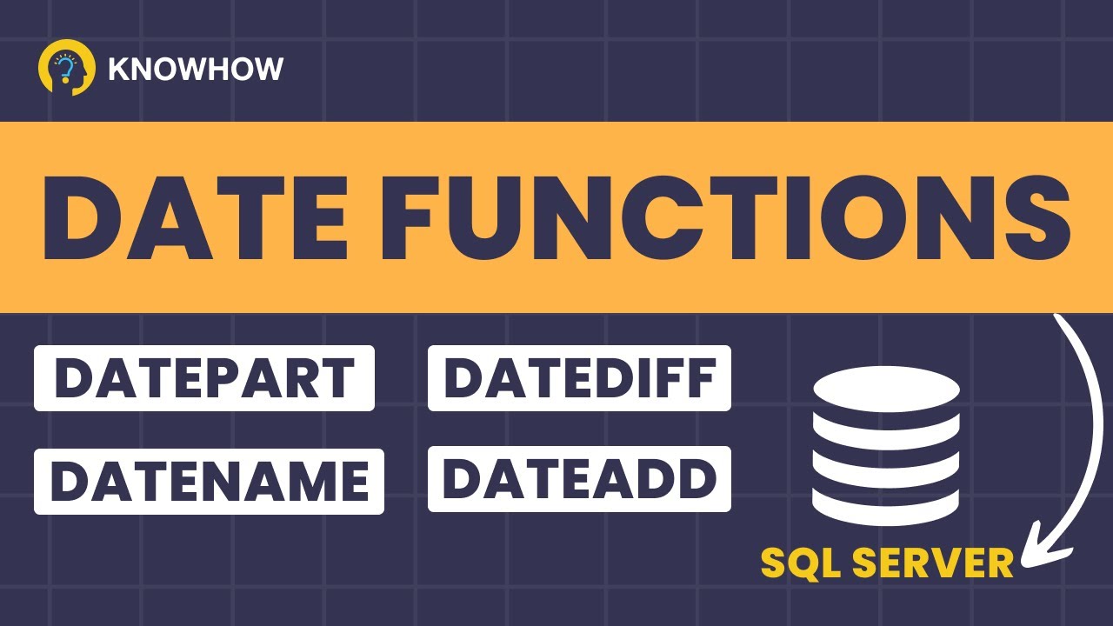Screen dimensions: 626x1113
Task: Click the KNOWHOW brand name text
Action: pos(196,69)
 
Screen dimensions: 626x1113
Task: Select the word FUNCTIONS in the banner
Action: pos(722,217)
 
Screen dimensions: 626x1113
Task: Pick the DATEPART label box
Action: pos(204,378)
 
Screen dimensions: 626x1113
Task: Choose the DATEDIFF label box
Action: pos(579,378)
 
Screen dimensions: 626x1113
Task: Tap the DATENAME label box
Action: pos(209,481)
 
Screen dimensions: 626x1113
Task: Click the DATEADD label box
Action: pos(579,479)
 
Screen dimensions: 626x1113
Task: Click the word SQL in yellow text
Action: pos(802,563)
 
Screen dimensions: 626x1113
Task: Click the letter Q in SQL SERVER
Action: pos(801,563)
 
